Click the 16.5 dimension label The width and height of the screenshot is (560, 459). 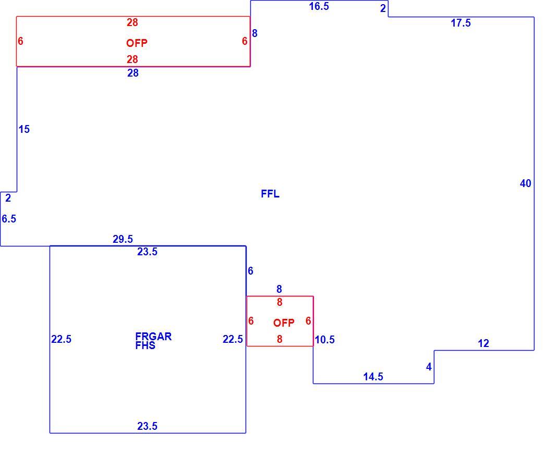click(x=319, y=6)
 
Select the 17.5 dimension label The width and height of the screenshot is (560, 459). click(x=461, y=23)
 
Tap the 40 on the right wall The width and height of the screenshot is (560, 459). click(x=526, y=183)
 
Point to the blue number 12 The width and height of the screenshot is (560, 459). click(x=483, y=343)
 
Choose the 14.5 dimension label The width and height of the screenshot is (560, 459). click(x=373, y=377)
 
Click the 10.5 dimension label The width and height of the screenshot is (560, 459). click(x=325, y=340)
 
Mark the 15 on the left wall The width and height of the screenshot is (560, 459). click(x=24, y=129)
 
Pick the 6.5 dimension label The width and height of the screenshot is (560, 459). click(x=9, y=219)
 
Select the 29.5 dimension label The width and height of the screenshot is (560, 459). click(x=123, y=239)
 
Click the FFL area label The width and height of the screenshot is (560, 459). click(x=270, y=194)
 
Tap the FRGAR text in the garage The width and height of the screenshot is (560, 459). click(x=154, y=336)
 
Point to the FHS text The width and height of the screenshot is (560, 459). click(x=145, y=345)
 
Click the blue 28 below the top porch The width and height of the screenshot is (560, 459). click(x=133, y=73)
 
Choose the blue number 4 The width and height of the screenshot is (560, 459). click(x=429, y=367)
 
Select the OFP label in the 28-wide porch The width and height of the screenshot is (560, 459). click(x=137, y=43)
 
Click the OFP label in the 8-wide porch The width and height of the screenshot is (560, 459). click(x=284, y=323)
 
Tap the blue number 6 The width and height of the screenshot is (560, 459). click(x=250, y=271)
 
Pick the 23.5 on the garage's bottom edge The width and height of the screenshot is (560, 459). click(x=147, y=426)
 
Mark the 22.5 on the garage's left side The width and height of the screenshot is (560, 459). click(x=61, y=340)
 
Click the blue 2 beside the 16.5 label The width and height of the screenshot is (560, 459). click(x=383, y=8)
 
